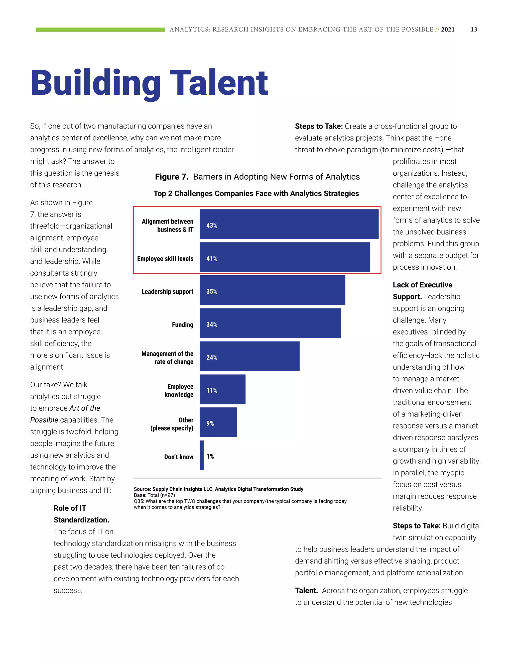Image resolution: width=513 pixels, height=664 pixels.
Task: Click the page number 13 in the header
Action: [x=474, y=30]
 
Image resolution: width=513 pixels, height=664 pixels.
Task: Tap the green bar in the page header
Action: [x=100, y=30]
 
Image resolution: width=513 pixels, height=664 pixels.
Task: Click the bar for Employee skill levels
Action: [x=285, y=257]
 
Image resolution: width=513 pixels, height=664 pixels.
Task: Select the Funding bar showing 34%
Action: [x=270, y=323]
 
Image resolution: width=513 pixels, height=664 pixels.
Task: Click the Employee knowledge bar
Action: [x=222, y=389]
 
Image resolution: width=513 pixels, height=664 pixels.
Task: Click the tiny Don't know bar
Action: [x=202, y=455]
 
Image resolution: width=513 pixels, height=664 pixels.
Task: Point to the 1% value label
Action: [x=210, y=456]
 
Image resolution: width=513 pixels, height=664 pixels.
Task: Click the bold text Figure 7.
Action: [x=171, y=177]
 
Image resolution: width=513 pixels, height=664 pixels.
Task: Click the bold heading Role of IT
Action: [x=70, y=508]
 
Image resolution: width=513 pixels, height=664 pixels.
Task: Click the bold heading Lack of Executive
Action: [x=422, y=285]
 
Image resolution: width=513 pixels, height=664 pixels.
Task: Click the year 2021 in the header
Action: [x=448, y=30]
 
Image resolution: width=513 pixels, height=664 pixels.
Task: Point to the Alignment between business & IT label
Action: [x=168, y=225]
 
